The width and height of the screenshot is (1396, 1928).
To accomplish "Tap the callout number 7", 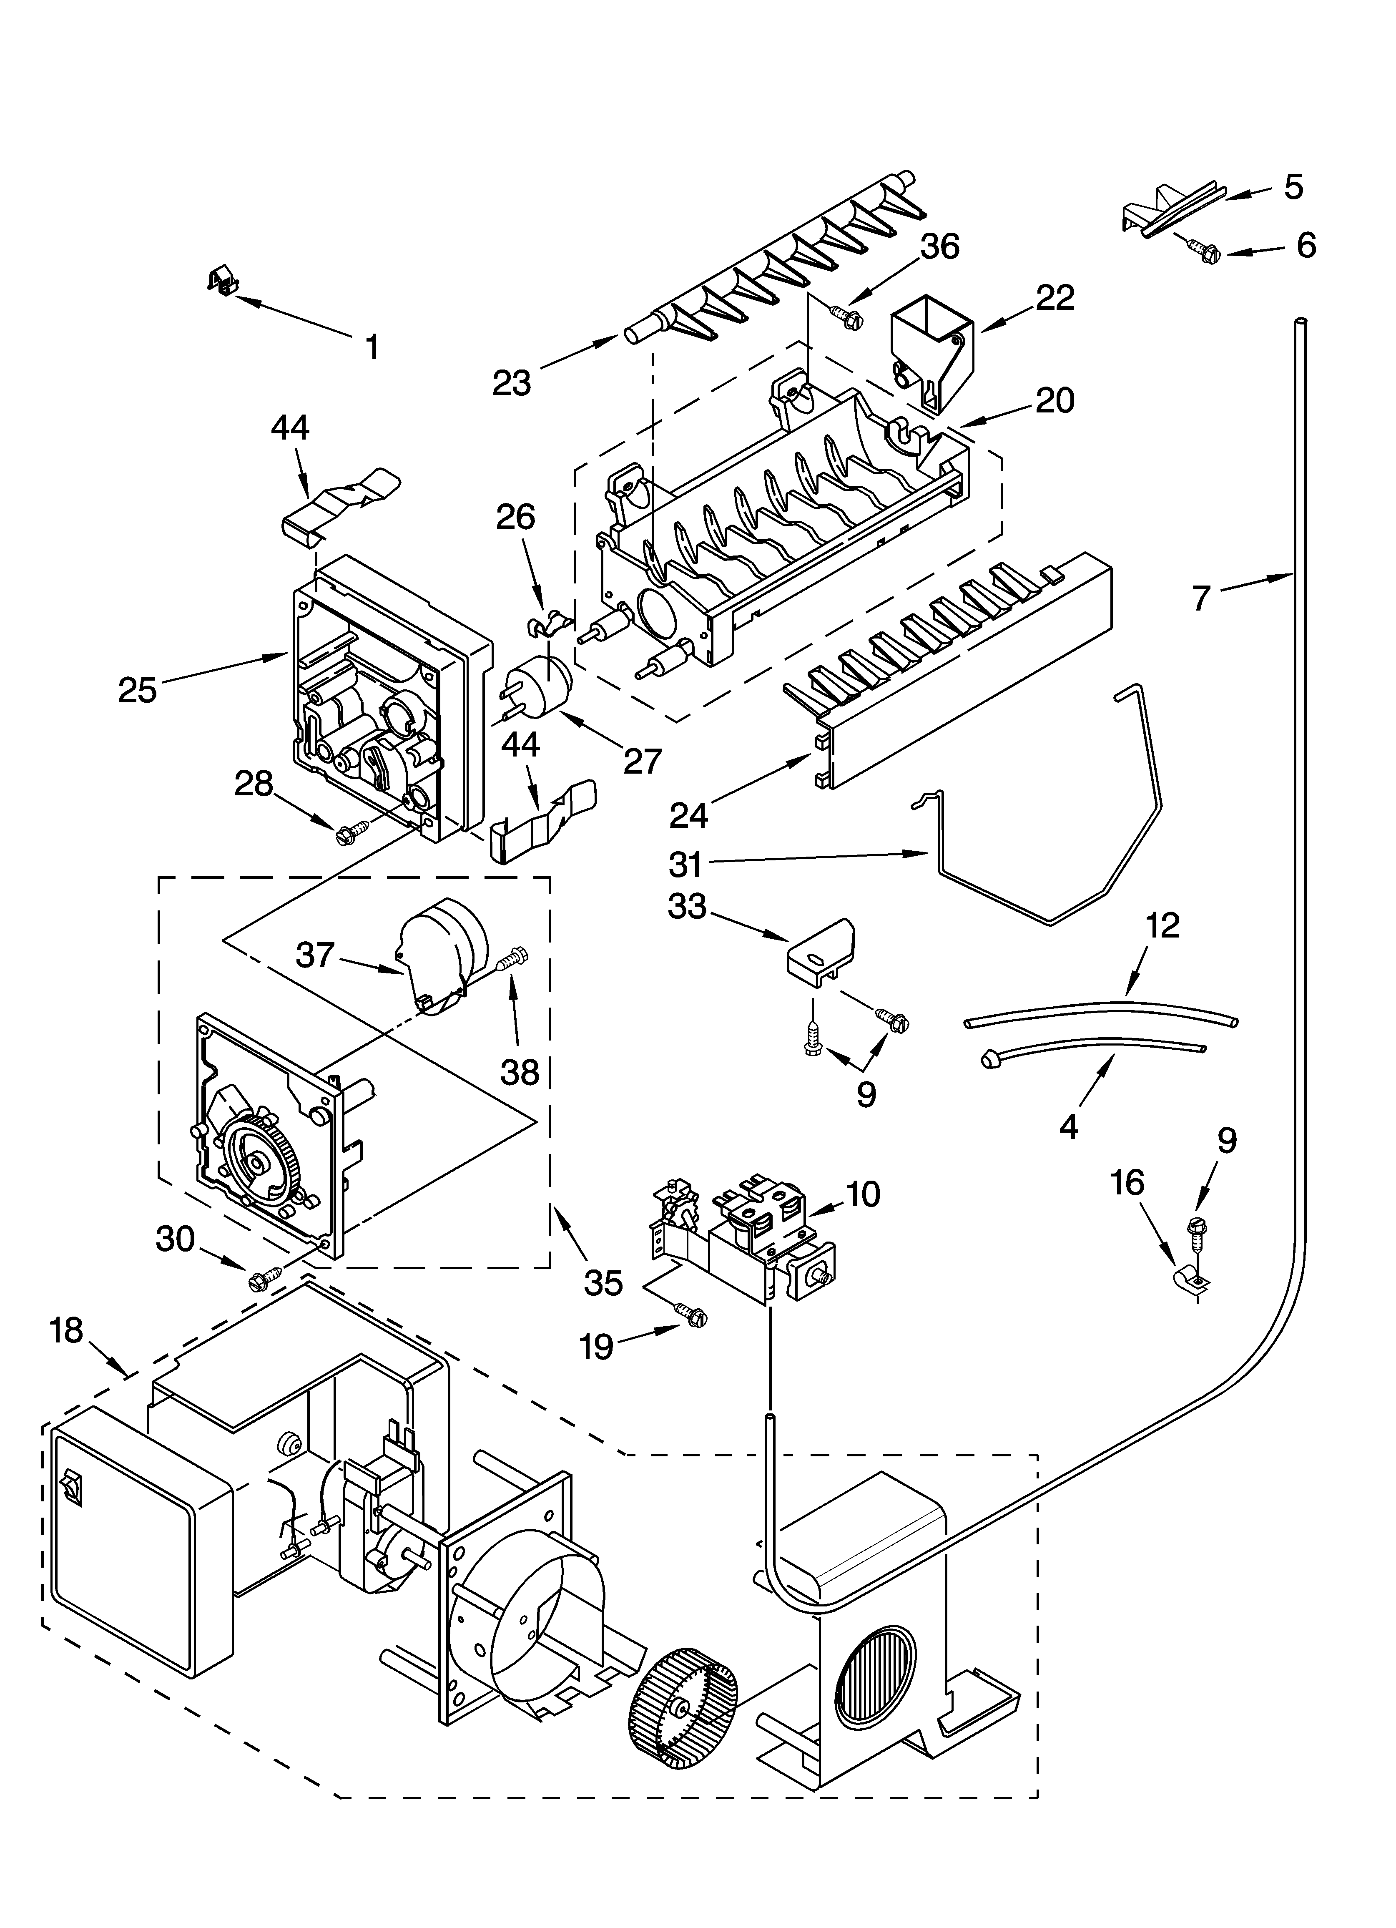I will [x=1200, y=598].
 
